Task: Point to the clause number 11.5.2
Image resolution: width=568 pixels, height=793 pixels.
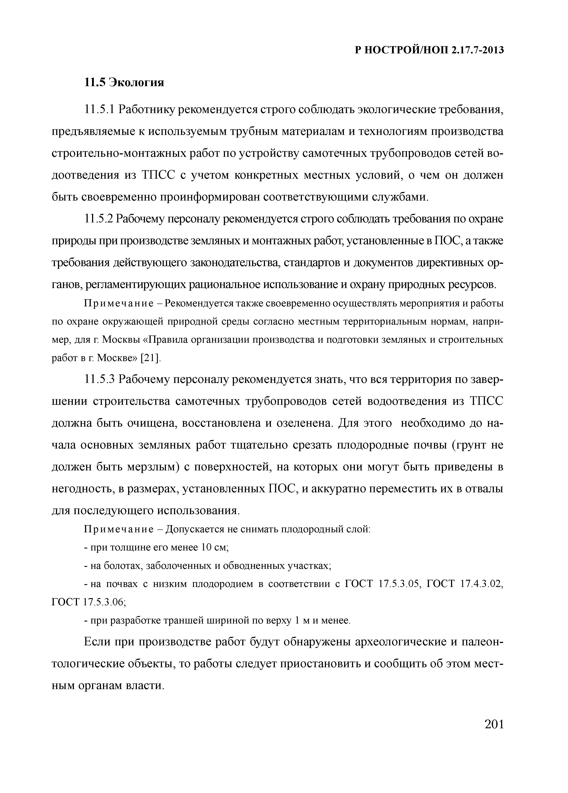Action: pyautogui.click(x=99, y=219)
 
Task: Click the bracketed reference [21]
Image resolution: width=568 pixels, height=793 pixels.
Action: pyautogui.click(x=150, y=358)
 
